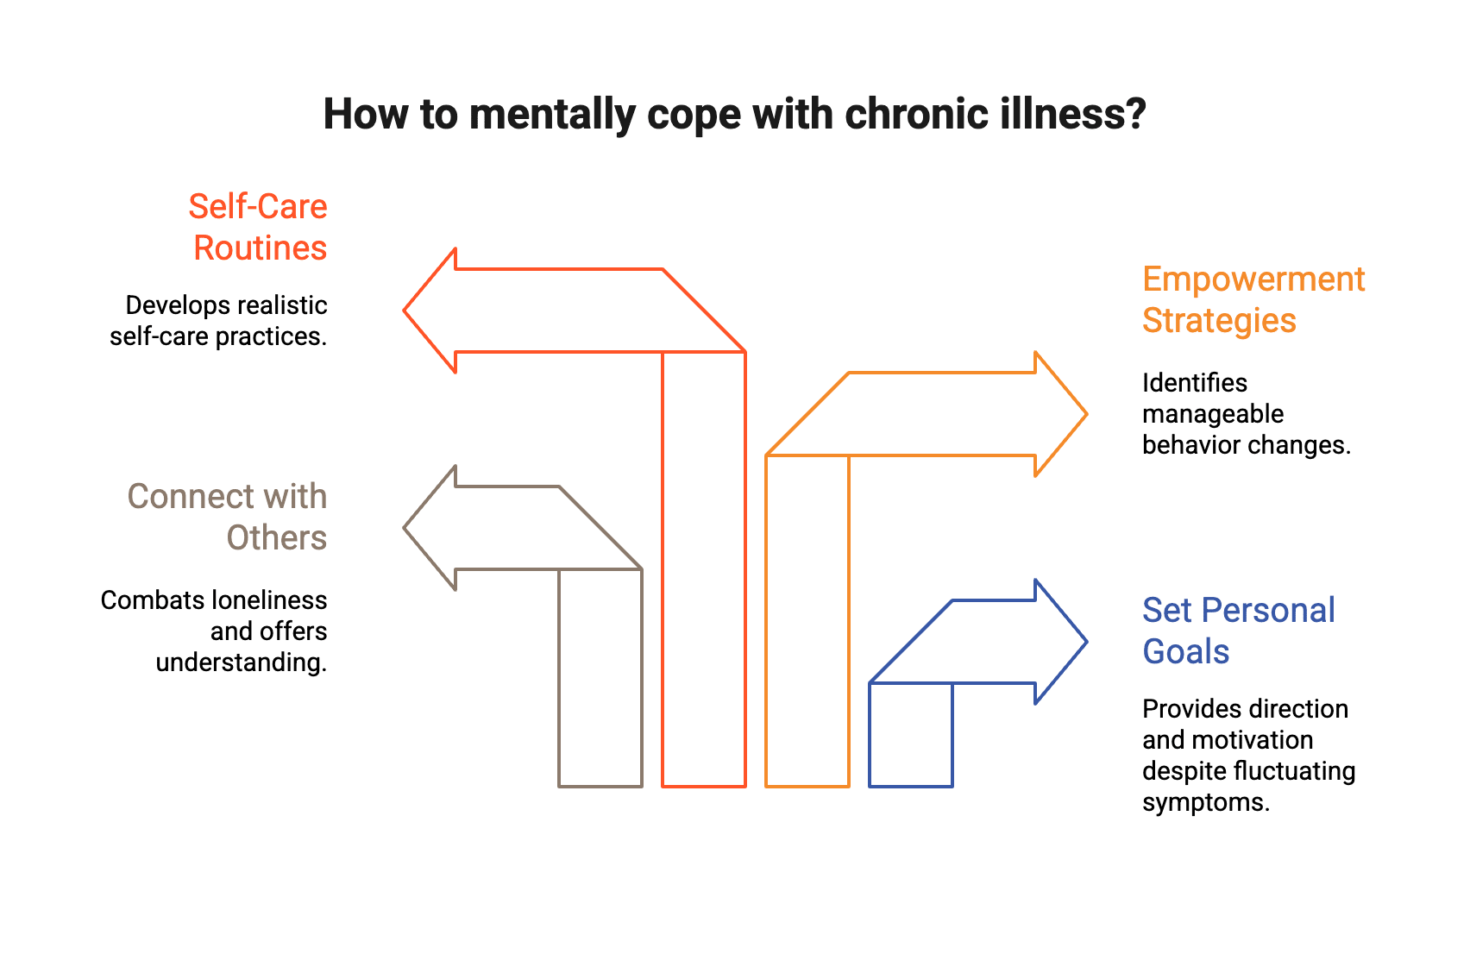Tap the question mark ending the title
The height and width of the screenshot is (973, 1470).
[1136, 114]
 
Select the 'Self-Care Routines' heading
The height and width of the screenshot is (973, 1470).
[259, 227]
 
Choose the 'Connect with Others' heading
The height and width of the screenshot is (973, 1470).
[228, 517]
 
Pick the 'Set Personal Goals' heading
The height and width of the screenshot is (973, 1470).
[1238, 631]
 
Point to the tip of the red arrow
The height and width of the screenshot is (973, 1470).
[405, 311]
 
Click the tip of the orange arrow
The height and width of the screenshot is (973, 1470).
[1086, 414]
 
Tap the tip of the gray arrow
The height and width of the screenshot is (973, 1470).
[405, 528]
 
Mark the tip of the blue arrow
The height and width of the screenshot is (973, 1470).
[1086, 642]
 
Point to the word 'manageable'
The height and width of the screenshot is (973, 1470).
[1212, 414]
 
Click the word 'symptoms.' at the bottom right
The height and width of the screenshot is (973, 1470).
[1205, 802]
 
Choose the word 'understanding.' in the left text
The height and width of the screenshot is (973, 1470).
[242, 662]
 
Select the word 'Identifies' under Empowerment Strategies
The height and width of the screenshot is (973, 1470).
[1194, 383]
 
